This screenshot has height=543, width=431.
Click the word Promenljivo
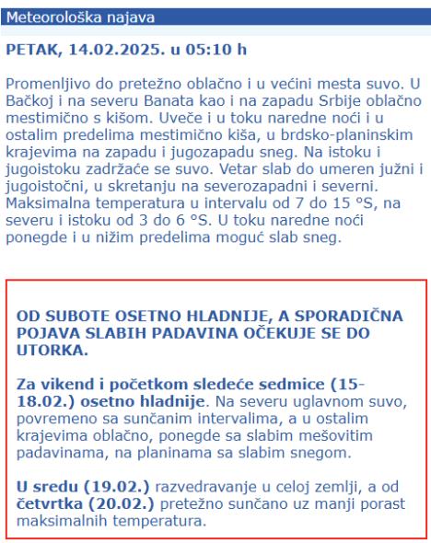(x=47, y=81)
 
